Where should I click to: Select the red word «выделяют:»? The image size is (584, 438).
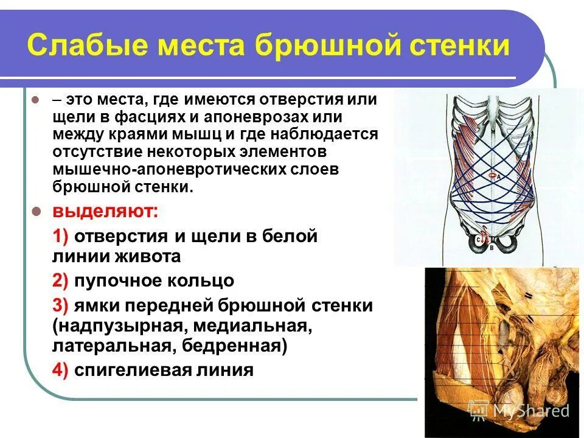(x=106, y=212)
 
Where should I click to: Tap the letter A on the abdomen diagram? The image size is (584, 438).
(x=498, y=176)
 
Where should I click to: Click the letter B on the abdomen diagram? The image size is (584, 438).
(x=491, y=249)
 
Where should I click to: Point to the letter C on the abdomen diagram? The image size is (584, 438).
(x=479, y=240)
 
